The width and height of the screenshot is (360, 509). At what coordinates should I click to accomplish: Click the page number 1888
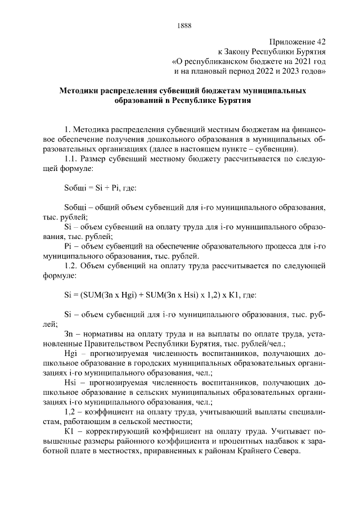click(x=184, y=24)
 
